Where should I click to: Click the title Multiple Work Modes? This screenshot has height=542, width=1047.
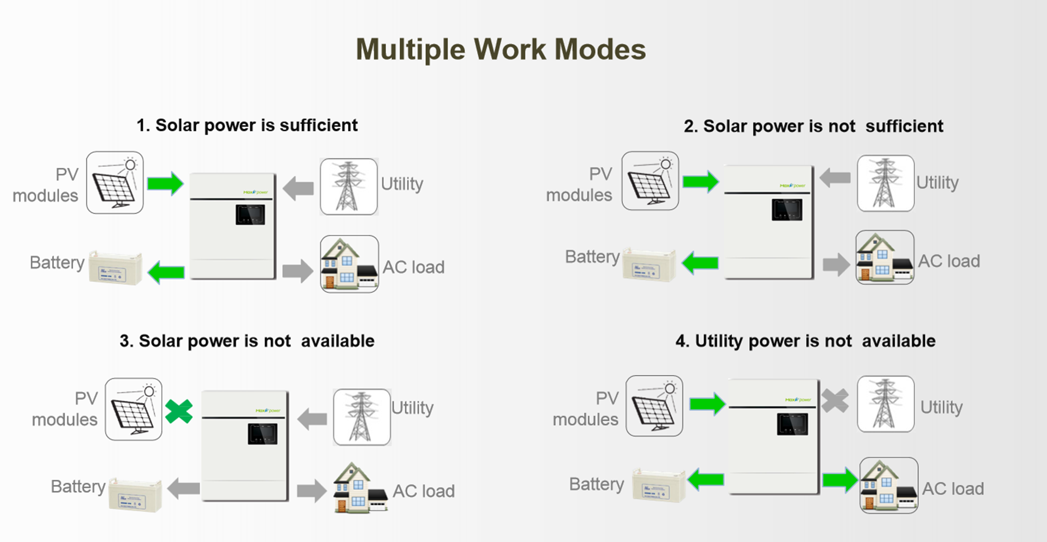(x=501, y=50)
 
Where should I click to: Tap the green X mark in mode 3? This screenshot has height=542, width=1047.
(x=179, y=411)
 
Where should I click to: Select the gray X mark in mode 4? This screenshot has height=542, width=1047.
(x=834, y=401)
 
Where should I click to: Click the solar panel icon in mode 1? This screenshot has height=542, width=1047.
(x=115, y=183)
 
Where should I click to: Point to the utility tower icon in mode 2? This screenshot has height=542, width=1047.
(x=885, y=183)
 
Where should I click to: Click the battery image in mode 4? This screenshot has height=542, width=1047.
(x=658, y=485)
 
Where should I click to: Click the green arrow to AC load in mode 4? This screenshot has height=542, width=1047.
(x=840, y=480)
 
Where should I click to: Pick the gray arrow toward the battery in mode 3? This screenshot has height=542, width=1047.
(x=184, y=487)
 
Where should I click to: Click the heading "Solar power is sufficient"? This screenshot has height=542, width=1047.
(x=247, y=125)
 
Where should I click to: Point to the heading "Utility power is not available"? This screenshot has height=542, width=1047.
(x=805, y=341)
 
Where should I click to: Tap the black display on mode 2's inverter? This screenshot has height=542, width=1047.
(x=787, y=210)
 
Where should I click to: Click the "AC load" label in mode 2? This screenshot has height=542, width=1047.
(x=949, y=261)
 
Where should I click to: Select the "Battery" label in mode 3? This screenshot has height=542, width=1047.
(x=78, y=486)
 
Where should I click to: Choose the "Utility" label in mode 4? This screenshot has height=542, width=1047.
(x=941, y=407)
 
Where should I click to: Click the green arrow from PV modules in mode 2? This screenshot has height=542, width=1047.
(x=701, y=181)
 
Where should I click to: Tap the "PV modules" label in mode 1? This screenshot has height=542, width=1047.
(x=46, y=185)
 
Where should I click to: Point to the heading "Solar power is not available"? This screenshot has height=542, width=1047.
(x=247, y=341)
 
